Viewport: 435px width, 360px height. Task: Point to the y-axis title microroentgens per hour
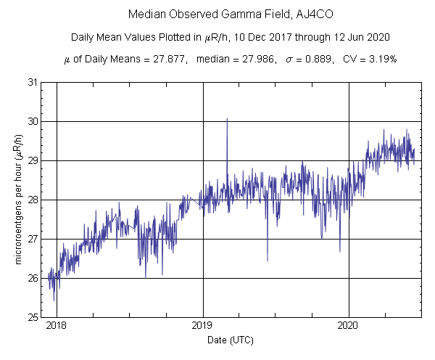(x=20, y=200)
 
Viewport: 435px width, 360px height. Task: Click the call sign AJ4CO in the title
(x=288, y=15)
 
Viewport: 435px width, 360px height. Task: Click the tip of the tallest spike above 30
(x=227, y=118)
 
